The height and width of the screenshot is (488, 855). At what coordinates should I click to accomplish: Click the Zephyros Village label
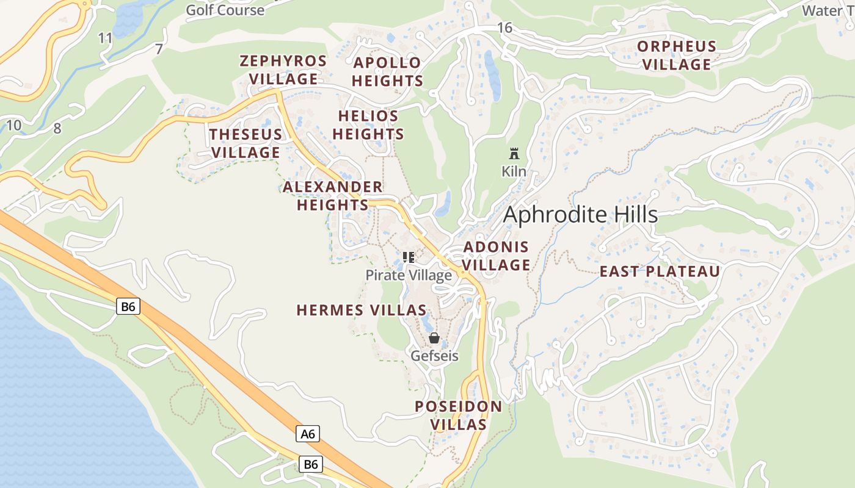283,70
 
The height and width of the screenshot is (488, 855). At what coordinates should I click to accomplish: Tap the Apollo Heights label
387,72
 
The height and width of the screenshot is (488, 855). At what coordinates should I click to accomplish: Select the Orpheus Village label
677,56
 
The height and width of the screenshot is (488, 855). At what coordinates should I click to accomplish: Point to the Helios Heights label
368,125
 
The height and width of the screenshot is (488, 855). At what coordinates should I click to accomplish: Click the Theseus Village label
246,143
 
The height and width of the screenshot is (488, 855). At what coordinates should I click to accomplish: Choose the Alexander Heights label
333,196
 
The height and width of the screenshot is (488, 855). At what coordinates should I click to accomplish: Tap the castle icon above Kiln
514,154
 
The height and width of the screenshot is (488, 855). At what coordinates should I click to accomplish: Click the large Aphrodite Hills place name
580,215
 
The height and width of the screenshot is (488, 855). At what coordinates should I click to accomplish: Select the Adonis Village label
497,256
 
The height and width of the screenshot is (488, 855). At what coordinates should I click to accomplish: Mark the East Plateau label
660,271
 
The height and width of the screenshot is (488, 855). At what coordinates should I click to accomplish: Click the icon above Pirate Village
409,257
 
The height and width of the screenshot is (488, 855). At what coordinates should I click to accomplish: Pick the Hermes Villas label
361,310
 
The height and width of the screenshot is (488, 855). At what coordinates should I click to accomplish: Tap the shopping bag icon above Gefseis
434,338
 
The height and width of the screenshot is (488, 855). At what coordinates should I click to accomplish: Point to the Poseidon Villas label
459,415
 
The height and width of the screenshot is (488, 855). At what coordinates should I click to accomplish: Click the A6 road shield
308,434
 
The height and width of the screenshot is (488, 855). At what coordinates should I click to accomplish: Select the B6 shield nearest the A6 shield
311,464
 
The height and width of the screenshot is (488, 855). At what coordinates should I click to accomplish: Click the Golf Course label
225,10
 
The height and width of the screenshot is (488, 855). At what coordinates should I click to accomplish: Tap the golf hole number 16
504,27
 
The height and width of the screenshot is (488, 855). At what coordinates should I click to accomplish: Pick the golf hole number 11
106,38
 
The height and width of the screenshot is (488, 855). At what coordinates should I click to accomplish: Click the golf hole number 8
57,128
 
